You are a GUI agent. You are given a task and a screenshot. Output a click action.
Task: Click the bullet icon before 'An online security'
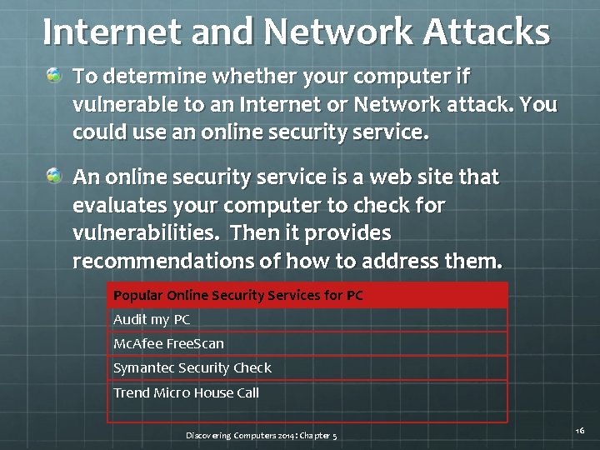55,176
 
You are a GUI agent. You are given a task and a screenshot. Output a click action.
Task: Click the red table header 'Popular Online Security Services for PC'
238,296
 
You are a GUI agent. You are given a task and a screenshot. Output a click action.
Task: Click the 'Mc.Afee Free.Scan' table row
168,344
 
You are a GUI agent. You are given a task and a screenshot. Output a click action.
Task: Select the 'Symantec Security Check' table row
192,368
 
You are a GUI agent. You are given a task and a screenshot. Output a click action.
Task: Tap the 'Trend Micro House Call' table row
187,392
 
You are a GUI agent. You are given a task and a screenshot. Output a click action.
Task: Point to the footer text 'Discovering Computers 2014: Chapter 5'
262,436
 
